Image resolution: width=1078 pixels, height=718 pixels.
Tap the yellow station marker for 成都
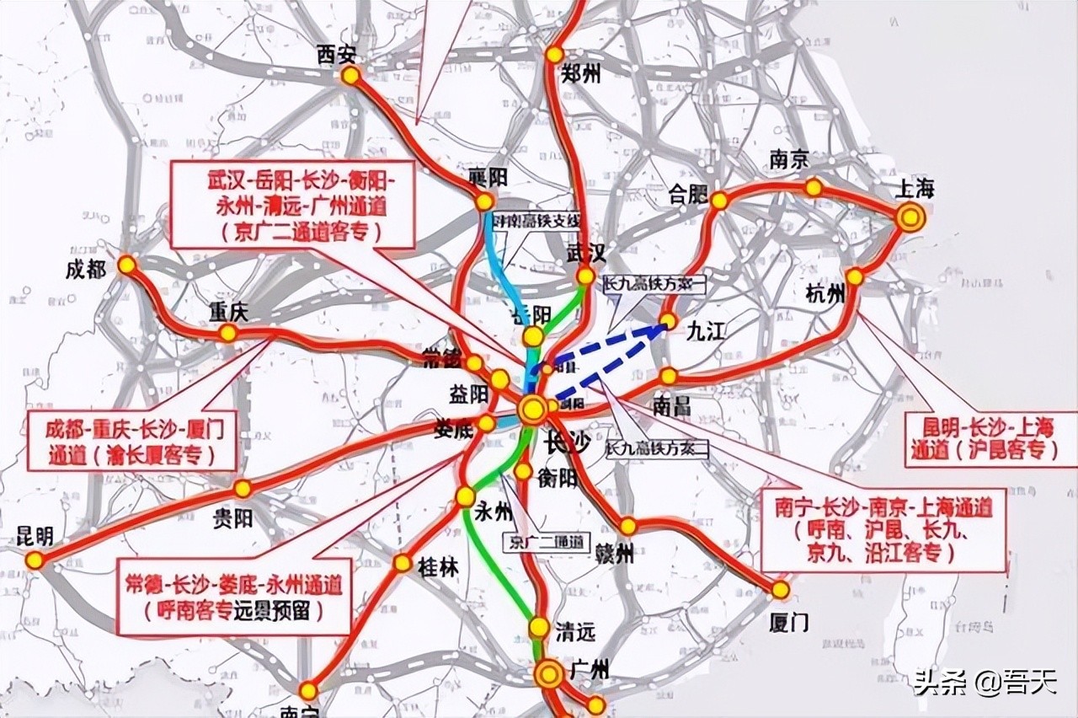coord(127,265)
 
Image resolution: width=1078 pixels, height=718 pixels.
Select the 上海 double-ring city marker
coord(910,218)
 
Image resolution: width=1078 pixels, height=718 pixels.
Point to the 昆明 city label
coord(35,536)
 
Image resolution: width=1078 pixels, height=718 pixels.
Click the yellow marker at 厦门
coord(781,590)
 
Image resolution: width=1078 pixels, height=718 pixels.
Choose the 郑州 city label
coord(581,75)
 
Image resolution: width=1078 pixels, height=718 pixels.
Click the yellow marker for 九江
coord(668,321)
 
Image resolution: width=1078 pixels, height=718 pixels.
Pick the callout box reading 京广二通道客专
coord(293,205)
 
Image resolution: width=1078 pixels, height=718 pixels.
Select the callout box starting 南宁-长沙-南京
coord(883,529)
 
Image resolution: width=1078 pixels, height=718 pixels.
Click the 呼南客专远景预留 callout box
coord(233,596)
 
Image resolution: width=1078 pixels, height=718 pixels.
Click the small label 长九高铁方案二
coord(657,449)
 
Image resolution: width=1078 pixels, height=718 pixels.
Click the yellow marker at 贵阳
coord(243,489)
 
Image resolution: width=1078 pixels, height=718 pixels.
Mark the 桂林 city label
coord(438,567)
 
